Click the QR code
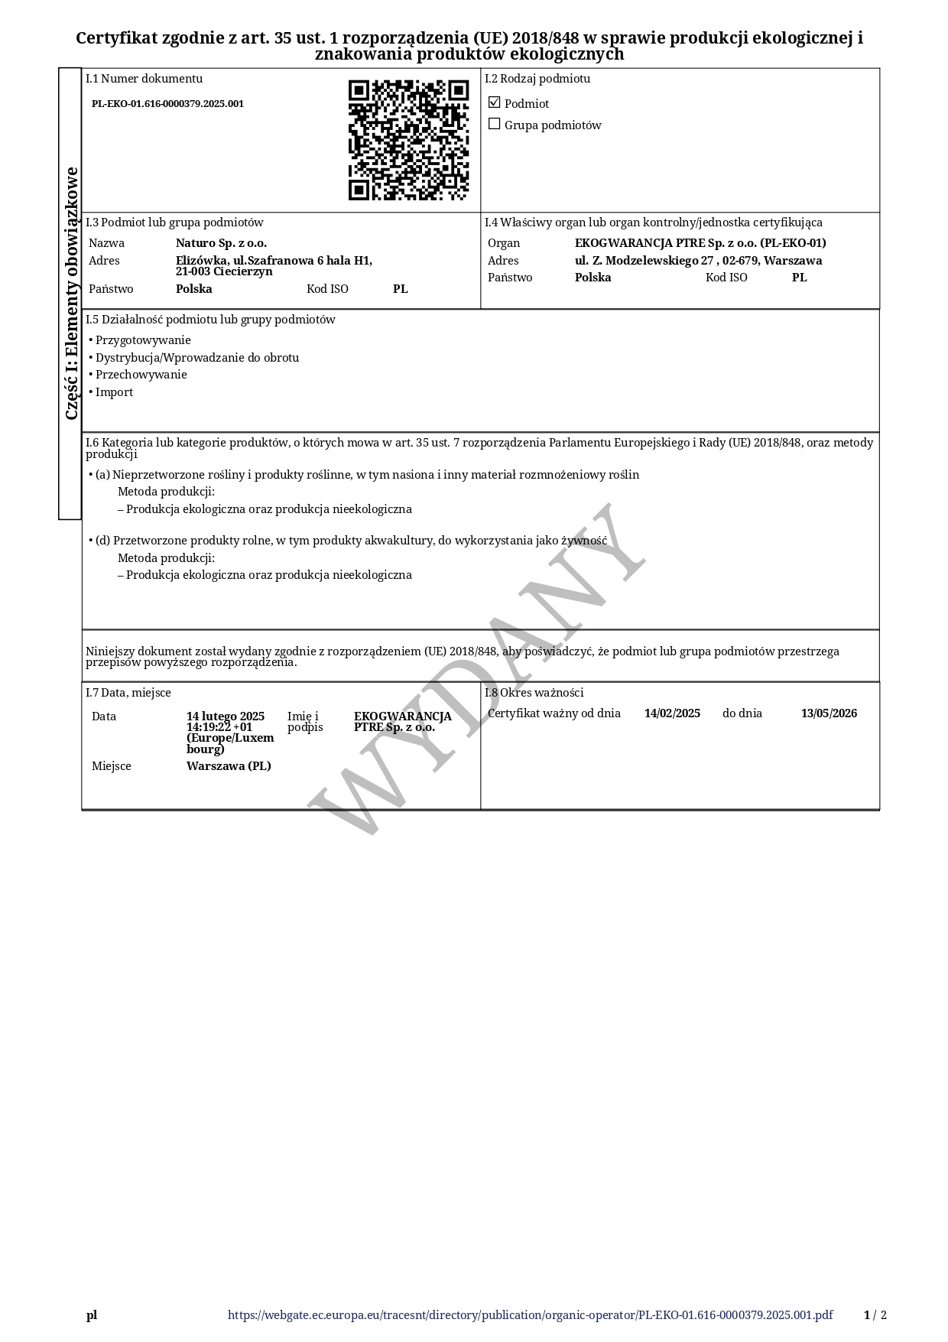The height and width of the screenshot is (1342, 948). click(x=408, y=140)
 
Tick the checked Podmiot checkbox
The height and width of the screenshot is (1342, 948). click(x=494, y=102)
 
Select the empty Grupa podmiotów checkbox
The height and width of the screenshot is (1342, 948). click(x=494, y=124)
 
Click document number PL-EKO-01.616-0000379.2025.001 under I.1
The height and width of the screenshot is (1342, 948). click(x=167, y=104)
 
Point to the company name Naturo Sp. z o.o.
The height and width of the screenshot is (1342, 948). click(x=221, y=243)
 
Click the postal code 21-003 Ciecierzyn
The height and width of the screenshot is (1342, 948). click(x=224, y=271)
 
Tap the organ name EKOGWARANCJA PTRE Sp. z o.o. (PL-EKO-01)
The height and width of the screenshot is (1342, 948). click(x=700, y=243)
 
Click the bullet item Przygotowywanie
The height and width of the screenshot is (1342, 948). click(x=143, y=340)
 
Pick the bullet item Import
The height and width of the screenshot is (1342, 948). click(x=114, y=392)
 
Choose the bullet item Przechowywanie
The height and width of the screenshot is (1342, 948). click(x=141, y=375)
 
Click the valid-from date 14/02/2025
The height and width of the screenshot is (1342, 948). click(x=672, y=713)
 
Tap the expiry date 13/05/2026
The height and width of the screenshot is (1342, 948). click(x=829, y=713)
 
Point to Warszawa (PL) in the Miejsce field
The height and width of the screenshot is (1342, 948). click(x=229, y=766)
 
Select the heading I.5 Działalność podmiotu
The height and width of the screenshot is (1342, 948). click(x=210, y=320)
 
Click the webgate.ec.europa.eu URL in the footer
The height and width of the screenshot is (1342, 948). click(x=530, y=1315)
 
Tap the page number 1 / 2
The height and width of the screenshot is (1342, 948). click(x=875, y=1315)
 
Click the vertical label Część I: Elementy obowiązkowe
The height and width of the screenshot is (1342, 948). click(x=71, y=293)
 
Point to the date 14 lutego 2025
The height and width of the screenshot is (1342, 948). click(x=226, y=716)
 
